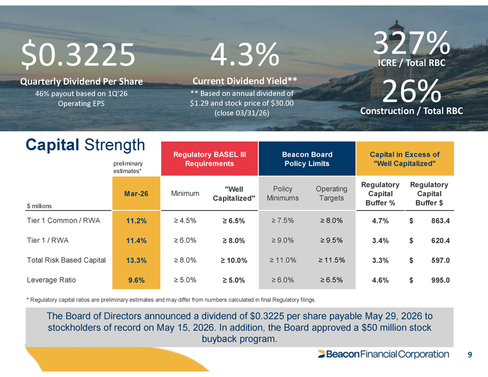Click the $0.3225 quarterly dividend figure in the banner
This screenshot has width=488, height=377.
(78, 55)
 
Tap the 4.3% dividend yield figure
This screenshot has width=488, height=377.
(245, 55)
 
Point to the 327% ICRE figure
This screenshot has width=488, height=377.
(411, 43)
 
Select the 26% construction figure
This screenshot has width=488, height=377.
(411, 91)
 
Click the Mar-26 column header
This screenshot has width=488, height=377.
(136, 193)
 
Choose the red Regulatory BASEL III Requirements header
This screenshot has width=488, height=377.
(209, 159)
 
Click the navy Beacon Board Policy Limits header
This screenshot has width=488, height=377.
(307, 159)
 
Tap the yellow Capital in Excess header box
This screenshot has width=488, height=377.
(405, 159)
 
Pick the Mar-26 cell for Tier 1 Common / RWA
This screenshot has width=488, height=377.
(136, 221)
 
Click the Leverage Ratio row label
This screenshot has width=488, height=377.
(51, 280)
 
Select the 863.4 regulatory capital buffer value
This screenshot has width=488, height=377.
(440, 221)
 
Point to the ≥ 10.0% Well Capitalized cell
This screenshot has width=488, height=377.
(234, 260)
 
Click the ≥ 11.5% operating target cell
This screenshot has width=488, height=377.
(332, 260)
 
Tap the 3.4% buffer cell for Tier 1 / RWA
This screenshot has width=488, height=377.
(380, 240)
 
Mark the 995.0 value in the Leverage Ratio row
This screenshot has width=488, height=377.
(440, 280)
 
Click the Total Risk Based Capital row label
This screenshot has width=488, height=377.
(66, 260)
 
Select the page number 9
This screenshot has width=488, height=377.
(470, 355)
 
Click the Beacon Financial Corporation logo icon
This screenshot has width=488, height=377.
(321, 354)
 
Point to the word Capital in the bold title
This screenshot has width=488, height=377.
(52, 145)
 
